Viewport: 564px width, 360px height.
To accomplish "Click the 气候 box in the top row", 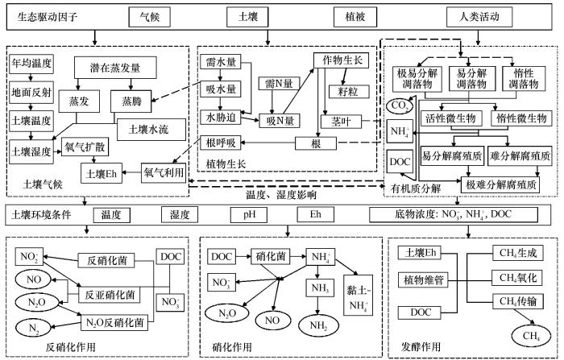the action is pos(149,17).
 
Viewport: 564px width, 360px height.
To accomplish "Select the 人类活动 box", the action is pos(479,17).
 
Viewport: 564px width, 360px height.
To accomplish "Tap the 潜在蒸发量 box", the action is pos(115,68).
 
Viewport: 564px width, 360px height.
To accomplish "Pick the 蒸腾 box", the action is pos(131,101).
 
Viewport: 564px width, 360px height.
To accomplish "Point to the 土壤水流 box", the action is pos(148,130).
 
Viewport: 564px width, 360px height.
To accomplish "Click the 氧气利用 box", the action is pos(163,172).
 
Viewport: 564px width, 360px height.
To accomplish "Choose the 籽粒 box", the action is pos(349,91).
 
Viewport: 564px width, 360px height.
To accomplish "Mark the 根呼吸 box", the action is pos(221,143).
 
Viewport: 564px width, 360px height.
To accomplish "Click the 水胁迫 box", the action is pos(221,117).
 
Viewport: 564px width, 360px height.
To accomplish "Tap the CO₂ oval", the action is pos(400,106).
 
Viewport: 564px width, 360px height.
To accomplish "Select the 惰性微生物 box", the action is pos(521,118).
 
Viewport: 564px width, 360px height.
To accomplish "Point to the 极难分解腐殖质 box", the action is pos(500,185).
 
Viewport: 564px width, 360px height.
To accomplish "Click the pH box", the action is pos(249,215).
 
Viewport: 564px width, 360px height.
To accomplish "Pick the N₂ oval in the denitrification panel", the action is pos(34,328).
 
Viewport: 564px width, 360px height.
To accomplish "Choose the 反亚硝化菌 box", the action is pos(110,296).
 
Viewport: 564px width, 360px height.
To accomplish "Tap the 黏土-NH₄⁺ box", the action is pos(358,296).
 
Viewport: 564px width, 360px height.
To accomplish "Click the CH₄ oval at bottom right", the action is pos(531,336).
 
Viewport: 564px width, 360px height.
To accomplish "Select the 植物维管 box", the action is pos(423,279).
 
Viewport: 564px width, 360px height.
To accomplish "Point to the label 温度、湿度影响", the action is pos(281,195).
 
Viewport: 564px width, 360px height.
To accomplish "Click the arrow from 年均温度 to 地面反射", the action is pos(31,77).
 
